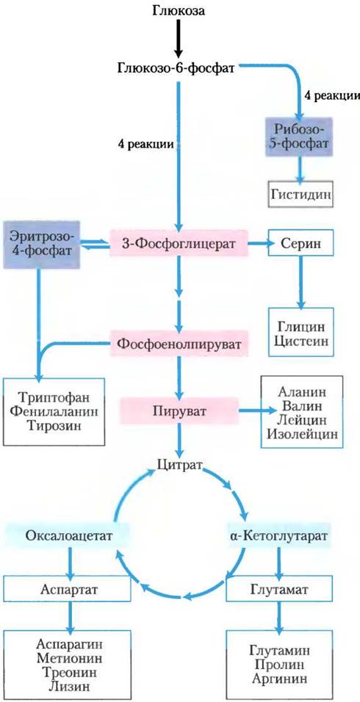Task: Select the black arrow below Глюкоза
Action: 179,37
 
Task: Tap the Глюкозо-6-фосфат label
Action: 179,68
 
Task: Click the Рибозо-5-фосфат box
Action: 299,137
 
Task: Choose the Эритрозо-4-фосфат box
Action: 41,245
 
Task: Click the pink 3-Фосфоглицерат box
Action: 179,242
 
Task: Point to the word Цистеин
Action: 301,341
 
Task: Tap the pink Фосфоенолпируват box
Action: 179,344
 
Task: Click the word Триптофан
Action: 54,397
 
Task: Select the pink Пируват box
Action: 179,410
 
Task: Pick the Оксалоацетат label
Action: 68,535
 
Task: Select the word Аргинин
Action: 279,679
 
